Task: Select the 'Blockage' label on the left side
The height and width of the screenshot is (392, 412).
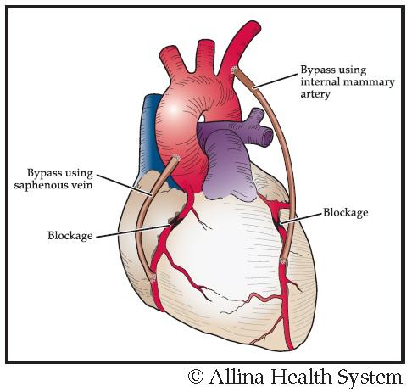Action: (x=70, y=235)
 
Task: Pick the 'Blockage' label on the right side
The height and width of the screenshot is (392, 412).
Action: (x=346, y=212)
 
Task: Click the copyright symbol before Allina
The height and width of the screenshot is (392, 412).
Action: (x=196, y=377)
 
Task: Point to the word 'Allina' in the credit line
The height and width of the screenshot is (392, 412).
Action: (x=237, y=376)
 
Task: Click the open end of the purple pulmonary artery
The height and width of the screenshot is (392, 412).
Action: (x=267, y=137)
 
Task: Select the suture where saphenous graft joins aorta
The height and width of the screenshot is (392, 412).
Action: (x=176, y=158)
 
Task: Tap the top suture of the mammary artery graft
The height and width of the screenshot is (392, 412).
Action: (x=234, y=70)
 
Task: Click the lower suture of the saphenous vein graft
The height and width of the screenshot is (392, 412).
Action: (x=153, y=278)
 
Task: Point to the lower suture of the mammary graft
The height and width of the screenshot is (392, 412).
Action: (x=282, y=260)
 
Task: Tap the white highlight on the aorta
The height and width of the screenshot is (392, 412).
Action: (x=174, y=109)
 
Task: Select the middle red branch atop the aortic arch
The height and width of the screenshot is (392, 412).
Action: (x=206, y=58)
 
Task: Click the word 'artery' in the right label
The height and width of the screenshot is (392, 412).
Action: (x=315, y=94)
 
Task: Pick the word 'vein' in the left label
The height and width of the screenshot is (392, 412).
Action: (x=84, y=185)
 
